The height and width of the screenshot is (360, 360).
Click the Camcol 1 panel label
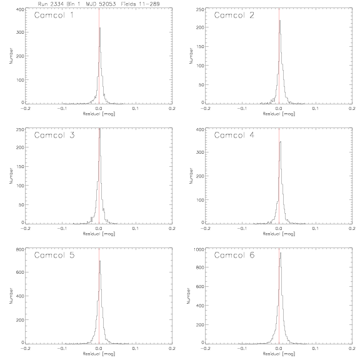click(54, 15)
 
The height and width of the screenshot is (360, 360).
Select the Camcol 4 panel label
click(234, 135)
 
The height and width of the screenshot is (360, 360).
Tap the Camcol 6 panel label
click(234, 255)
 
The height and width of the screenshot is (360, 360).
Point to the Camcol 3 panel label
click(54, 135)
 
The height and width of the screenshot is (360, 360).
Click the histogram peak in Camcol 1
click(100, 28)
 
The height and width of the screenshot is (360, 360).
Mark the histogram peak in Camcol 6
click(281, 253)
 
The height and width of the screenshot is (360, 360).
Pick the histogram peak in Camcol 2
click(280, 20)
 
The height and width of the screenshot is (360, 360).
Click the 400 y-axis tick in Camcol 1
click(20, 9)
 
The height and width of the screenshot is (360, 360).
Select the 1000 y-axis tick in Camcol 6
click(199, 249)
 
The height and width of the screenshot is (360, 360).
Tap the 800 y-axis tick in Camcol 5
click(20, 249)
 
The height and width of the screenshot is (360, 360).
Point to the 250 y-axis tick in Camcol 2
click(200, 9)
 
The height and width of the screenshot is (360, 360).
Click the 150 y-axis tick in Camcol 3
click(20, 166)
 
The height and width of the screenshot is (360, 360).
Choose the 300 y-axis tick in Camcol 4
click(200, 152)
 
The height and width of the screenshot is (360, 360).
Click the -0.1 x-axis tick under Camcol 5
click(62, 348)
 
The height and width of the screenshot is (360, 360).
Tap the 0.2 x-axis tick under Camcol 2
click(352, 108)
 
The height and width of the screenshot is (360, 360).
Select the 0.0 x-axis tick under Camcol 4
click(279, 229)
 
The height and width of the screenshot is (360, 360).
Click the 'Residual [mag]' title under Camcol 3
click(99, 234)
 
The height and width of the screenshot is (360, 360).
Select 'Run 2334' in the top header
click(49, 4)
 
